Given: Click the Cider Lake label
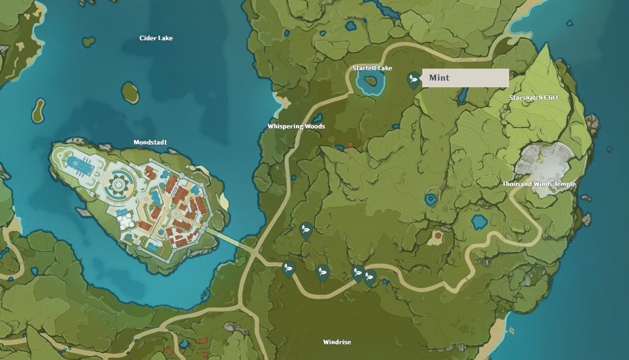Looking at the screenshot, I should coord(156,38).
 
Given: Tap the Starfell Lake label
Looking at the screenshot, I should coord(372,68).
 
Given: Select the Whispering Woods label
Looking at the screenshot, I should coord(296,126).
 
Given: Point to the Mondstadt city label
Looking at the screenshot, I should coord(150,142).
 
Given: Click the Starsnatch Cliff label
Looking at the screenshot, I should coord(534,97).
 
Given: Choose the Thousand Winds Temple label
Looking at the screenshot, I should coord(539,184).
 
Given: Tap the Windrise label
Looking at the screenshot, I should coord(337,342).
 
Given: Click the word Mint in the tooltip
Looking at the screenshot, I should coord(439,78).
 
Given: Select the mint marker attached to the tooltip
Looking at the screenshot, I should coord(414,79).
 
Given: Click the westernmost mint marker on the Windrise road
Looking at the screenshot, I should coord(288,268).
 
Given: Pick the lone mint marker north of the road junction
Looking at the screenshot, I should coord(306,230).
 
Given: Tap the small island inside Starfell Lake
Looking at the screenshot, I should coord(371,80).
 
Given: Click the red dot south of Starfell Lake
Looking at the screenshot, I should coord(350,144).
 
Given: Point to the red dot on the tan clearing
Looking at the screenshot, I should coord(438,235).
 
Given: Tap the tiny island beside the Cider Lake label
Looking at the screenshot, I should coord(89,42).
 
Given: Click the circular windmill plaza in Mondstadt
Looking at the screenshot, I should coord(118,184).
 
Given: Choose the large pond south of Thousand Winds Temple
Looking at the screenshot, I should coord(480,222).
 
